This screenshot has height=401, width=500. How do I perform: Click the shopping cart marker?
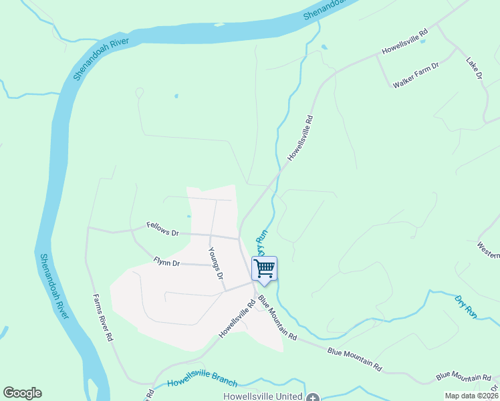point(265,269)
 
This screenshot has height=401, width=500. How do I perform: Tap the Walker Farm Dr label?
point(415,74)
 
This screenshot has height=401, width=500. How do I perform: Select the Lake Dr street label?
point(474,69)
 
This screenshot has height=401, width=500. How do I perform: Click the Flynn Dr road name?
point(166,263)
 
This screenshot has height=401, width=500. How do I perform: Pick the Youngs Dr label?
point(215,263)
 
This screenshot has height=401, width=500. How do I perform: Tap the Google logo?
point(22,393)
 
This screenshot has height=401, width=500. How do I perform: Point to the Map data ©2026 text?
point(471,396)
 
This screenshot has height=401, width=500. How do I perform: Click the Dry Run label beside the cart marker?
point(261,243)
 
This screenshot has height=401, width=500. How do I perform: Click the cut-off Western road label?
point(489,250)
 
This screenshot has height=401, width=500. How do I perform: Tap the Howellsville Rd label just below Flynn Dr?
point(237,319)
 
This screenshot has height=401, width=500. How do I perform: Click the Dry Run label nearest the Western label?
point(466,305)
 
